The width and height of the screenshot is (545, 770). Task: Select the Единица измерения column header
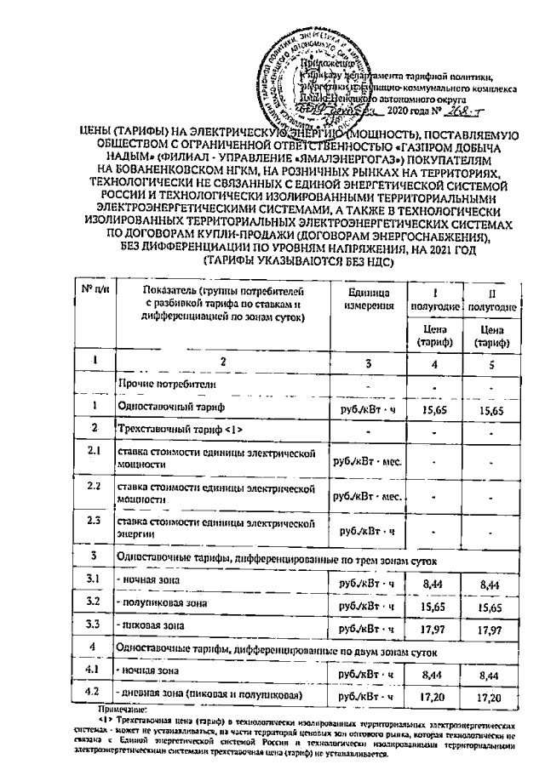pyautogui.click(x=370, y=299)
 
